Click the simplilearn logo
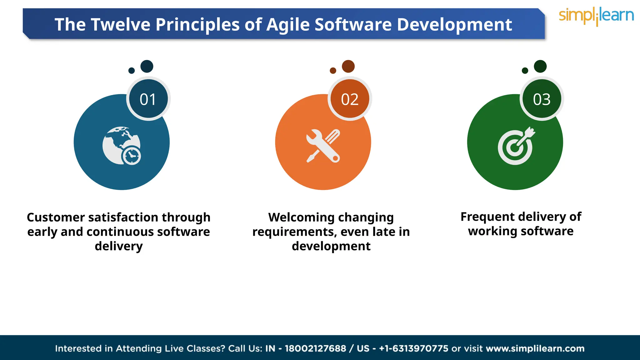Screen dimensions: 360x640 (x=596, y=16)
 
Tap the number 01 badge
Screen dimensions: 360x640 (x=148, y=99)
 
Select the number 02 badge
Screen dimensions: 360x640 (x=350, y=99)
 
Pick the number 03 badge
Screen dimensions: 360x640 (x=542, y=99)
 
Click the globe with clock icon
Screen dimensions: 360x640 (x=122, y=146)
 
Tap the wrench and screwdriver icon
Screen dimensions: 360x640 (x=323, y=146)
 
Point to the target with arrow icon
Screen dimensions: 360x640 (x=516, y=146)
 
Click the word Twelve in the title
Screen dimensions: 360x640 (x=121, y=24)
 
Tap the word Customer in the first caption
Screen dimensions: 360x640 (x=56, y=217)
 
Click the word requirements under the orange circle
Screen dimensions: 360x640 (x=295, y=232)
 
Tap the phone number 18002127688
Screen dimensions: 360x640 (x=315, y=348)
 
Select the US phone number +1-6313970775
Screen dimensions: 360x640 (x=413, y=348)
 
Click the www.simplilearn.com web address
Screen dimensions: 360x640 (x=535, y=348)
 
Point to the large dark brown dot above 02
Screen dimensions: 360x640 (x=348, y=66)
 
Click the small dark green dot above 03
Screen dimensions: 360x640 (x=525, y=71)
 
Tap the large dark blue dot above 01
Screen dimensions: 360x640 (x=147, y=66)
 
